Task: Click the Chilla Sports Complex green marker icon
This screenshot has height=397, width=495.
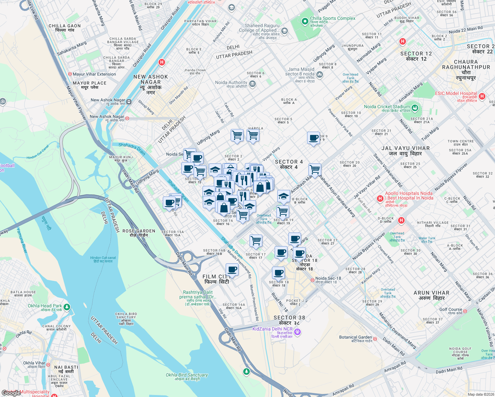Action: (x=305, y=22)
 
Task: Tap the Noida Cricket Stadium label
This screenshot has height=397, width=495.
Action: (x=387, y=107)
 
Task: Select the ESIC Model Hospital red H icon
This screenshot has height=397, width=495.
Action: (x=482, y=96)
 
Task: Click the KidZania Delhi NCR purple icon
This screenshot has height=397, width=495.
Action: (x=297, y=331)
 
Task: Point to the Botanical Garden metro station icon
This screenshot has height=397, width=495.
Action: (x=375, y=338)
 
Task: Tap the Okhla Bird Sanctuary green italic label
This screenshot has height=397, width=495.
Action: (x=187, y=375)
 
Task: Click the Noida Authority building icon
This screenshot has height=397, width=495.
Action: (x=253, y=84)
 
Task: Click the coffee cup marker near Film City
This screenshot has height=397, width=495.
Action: (x=232, y=270)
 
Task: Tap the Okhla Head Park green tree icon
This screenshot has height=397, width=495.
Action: (x=67, y=307)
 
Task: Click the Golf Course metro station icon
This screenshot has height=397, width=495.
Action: (x=465, y=311)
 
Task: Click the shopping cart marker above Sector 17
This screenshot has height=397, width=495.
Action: (x=256, y=241)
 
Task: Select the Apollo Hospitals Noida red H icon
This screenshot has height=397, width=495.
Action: (x=380, y=198)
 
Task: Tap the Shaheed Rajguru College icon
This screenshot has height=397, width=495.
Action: (x=284, y=31)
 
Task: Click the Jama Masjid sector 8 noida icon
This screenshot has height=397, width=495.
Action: (x=319, y=75)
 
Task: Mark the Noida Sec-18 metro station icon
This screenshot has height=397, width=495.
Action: (x=312, y=280)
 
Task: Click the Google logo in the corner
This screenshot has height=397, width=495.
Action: (x=11, y=393)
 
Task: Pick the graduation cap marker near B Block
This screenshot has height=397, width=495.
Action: (x=284, y=196)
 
